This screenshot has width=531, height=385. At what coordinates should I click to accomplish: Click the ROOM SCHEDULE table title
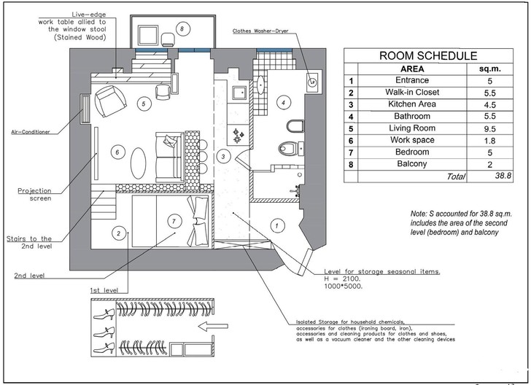click(x=427, y=55)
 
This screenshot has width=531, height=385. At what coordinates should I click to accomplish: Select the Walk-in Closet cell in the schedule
click(x=412, y=93)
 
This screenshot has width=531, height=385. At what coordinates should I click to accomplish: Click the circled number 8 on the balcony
click(x=183, y=28)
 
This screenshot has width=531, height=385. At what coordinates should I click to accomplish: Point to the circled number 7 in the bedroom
click(x=173, y=220)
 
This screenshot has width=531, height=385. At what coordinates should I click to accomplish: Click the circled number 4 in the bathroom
click(x=282, y=103)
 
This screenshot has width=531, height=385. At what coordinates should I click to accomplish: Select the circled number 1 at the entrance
click(x=276, y=225)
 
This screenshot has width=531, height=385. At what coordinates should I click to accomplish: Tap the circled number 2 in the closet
click(x=117, y=234)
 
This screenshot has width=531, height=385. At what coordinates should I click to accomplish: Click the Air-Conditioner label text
click(x=30, y=132)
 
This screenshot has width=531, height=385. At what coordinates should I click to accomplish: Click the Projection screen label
click(x=34, y=195)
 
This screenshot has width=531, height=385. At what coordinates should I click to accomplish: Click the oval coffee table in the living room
click(x=139, y=162)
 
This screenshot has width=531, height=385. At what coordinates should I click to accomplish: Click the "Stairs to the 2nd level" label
click(x=29, y=242)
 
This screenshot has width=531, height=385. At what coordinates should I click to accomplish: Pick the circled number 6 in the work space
click(x=115, y=152)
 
